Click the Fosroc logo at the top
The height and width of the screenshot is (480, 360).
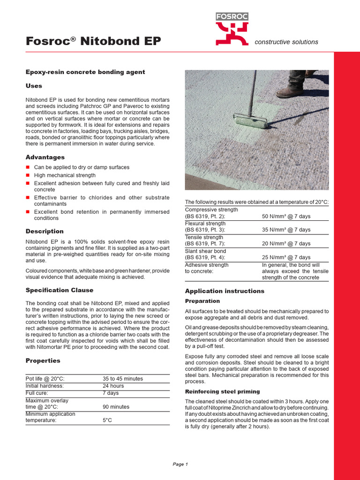(232, 29)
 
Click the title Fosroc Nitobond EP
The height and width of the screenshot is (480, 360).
(93, 41)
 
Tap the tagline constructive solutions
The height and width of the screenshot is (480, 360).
(286, 42)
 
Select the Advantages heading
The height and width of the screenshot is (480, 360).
(45, 157)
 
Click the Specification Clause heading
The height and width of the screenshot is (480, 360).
(59, 290)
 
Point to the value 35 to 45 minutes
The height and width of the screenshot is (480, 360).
(123, 378)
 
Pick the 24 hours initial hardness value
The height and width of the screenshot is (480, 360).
(113, 386)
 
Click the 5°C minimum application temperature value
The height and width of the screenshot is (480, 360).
(107, 420)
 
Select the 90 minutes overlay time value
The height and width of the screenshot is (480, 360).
(116, 407)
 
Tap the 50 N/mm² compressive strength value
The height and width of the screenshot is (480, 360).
(286, 217)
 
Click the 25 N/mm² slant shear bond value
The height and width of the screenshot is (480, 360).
(286, 257)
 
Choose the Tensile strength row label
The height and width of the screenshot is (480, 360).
(204, 237)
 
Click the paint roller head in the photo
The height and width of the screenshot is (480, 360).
(251, 121)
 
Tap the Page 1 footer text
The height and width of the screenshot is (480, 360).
(180, 464)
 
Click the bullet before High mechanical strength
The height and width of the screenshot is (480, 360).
(28, 175)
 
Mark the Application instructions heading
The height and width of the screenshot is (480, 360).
(225, 291)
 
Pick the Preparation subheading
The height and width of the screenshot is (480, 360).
(202, 301)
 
